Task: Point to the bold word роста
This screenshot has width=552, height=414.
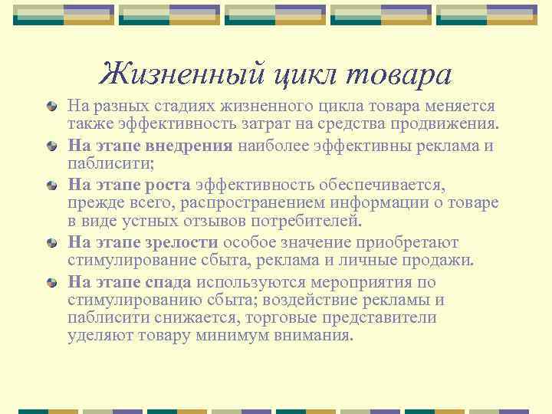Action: (169, 183)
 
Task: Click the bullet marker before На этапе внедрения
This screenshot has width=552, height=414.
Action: (51, 144)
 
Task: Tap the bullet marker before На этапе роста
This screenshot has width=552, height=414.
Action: (51, 184)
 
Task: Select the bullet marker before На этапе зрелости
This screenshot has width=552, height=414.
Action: (51, 243)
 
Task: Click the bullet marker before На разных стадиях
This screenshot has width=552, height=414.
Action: (51, 105)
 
